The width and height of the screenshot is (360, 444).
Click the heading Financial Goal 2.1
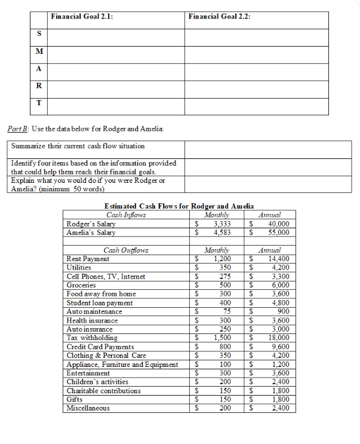click(82, 16)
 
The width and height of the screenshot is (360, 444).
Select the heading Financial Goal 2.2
click(219, 16)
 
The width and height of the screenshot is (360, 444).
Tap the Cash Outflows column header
click(126, 250)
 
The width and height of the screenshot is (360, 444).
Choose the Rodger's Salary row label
click(91, 223)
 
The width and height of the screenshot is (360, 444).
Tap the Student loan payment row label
click(100, 303)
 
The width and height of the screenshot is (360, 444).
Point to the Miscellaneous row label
click(88, 408)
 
